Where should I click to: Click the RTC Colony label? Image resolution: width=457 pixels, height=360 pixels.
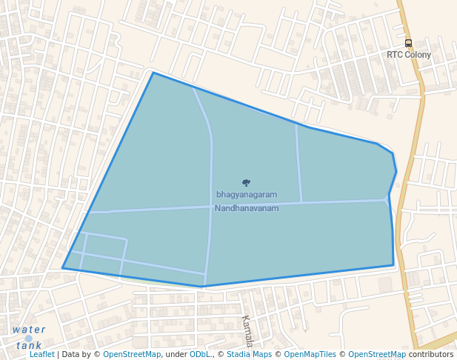coord(408,55)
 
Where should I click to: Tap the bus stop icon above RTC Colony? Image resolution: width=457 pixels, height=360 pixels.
coord(408,44)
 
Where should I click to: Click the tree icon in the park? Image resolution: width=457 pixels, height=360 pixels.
coord(246,182)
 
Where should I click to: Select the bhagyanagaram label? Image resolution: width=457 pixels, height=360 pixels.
coord(247,195)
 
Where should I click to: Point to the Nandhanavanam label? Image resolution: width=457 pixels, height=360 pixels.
coord(247,208)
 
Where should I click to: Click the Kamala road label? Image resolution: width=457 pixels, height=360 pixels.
coord(247,330)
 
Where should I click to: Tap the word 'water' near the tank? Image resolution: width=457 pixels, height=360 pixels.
coord(29,330)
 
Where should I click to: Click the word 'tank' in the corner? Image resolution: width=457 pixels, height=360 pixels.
coord(29,345)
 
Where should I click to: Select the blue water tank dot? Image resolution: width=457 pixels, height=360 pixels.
coord(29,339)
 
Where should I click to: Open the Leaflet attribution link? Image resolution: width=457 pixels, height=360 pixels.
coord(41,355)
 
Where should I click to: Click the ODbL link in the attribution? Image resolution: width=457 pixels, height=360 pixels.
coord(200,355)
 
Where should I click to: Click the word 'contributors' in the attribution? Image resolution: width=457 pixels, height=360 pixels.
coord(431,355)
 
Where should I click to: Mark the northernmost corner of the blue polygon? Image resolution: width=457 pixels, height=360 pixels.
coord(153,73)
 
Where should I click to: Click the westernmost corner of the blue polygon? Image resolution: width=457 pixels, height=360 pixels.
coord(62,268)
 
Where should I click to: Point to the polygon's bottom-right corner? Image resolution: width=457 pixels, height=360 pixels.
coord(393,265)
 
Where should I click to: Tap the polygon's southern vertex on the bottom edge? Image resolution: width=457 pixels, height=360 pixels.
coord(202,287)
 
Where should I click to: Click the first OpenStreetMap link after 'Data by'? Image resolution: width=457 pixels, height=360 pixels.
coord(132,355)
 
